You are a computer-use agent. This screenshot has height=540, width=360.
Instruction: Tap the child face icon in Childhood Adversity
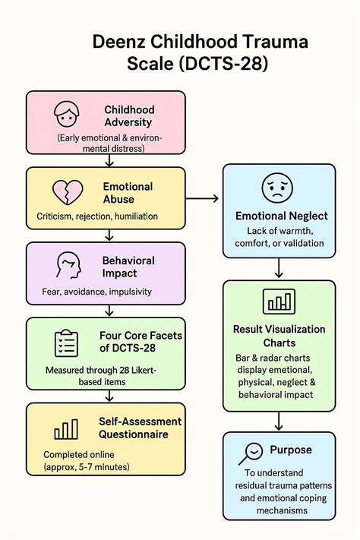click(x=66, y=114)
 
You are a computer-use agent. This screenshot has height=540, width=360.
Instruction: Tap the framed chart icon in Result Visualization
click(x=278, y=302)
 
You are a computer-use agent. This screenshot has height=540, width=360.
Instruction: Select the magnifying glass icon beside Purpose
click(x=251, y=453)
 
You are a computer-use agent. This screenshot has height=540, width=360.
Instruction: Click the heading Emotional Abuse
click(x=128, y=193)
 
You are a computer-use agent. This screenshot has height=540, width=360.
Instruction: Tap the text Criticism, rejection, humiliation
click(x=97, y=216)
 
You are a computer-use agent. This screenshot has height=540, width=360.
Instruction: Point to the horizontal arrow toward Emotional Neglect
click(x=203, y=198)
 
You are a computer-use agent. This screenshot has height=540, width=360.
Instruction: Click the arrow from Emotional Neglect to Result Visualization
click(x=279, y=268)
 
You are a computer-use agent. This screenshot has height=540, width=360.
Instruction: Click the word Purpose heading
click(x=290, y=450)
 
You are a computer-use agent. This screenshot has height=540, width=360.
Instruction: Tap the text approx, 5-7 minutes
click(x=86, y=466)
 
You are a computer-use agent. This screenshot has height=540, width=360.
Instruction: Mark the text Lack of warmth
click(x=278, y=231)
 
